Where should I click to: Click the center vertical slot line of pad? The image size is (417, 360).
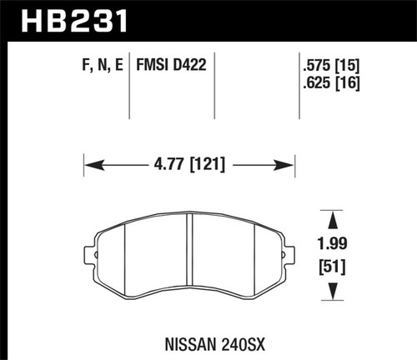click(x=191, y=255)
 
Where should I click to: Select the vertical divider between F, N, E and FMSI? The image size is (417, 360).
click(x=129, y=92)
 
